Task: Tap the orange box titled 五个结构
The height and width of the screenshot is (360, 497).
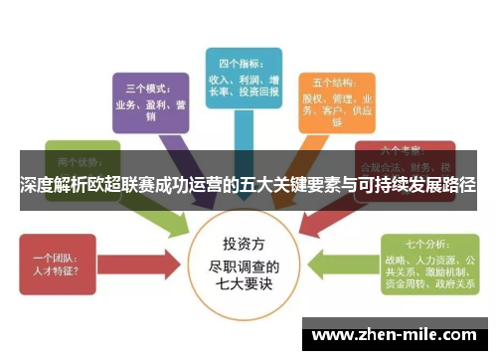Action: pos(337,100)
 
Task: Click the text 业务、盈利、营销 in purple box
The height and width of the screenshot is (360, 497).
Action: pos(149,109)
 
